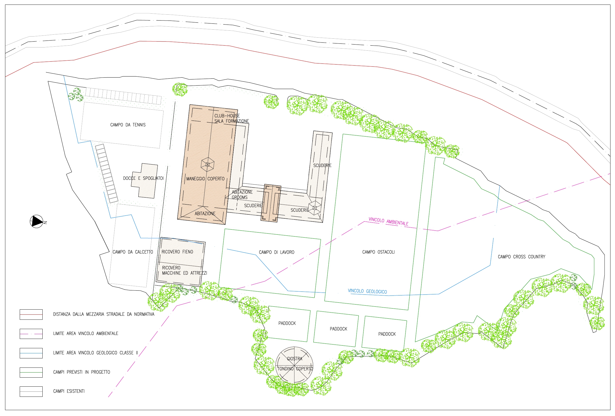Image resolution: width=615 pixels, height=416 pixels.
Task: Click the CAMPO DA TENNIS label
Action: click(x=128, y=125)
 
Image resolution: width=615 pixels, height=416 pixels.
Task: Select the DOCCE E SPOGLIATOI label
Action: click(x=143, y=178)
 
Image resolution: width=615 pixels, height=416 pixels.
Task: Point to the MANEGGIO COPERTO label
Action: click(x=205, y=179)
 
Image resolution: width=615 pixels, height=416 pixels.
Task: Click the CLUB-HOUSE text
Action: click(x=227, y=116)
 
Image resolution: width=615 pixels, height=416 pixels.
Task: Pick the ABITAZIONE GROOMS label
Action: click(x=242, y=195)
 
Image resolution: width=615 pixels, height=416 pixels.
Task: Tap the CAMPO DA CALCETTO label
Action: click(x=133, y=252)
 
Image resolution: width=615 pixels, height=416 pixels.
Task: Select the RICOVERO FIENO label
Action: click(x=177, y=252)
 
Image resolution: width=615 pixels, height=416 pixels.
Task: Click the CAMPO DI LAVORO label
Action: click(x=277, y=252)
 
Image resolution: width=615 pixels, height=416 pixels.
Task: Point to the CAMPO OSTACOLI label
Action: click(x=378, y=252)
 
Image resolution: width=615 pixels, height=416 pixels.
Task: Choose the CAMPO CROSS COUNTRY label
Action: click(x=521, y=257)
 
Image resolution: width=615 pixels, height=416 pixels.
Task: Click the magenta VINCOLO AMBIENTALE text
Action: click(x=389, y=222)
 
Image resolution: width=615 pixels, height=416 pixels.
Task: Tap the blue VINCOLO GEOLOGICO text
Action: click(x=367, y=291)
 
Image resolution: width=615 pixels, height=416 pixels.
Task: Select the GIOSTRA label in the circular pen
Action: click(x=294, y=359)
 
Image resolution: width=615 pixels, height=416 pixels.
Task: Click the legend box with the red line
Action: click(x=31, y=314)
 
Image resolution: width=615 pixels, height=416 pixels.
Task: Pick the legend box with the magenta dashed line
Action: click(x=31, y=334)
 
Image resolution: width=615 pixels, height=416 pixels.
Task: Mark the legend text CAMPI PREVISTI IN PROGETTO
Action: click(x=82, y=372)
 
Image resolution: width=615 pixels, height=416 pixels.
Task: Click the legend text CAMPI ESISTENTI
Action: click(x=69, y=391)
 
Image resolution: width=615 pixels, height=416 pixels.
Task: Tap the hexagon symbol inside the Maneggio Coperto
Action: click(x=208, y=164)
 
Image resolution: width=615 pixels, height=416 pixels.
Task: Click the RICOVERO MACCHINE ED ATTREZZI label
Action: click(x=184, y=270)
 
